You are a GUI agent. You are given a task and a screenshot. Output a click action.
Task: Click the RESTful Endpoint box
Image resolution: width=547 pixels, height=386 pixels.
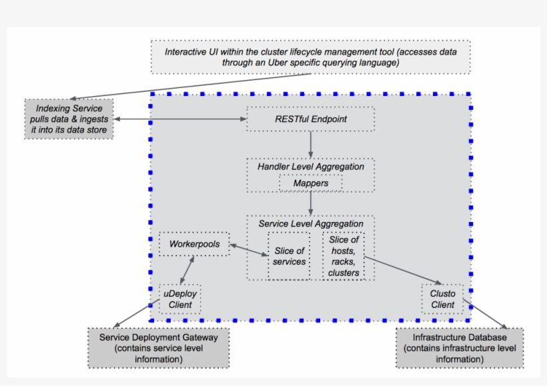pos(311,119)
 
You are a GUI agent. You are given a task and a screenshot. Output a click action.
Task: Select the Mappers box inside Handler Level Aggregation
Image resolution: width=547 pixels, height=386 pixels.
pos(311,183)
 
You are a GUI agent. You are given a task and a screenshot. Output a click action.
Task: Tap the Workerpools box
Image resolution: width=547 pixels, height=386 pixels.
pos(194,244)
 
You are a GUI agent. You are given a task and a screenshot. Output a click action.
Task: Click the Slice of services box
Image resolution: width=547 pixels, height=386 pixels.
pos(289,256)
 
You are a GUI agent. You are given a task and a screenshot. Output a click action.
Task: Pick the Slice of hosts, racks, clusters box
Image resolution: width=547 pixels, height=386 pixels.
pos(344,256)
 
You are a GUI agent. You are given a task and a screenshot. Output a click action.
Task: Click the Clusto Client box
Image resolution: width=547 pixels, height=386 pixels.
pos(442,299)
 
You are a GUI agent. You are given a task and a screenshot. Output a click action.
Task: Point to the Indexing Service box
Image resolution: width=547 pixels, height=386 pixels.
pos(69,119)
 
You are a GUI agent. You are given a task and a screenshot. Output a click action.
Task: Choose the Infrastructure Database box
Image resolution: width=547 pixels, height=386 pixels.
pos(460,348)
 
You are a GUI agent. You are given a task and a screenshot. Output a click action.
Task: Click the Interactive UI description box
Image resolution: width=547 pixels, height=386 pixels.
pos(311,57)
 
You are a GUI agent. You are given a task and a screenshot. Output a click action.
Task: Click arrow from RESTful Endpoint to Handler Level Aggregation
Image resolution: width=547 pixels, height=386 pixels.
pos(311,144)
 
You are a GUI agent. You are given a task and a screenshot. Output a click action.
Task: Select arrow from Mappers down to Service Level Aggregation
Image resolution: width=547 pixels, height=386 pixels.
pos(311,203)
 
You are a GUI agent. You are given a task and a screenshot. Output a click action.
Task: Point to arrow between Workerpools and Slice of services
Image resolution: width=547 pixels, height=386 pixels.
pos(249,251)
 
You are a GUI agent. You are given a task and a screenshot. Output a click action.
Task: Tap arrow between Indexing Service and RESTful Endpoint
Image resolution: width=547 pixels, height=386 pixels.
pos(180,119)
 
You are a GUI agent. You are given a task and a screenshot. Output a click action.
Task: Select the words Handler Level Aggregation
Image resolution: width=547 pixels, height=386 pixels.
pos(311,167)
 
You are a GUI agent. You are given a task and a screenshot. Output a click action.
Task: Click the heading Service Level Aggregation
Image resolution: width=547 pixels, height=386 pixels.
pos(311,224)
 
